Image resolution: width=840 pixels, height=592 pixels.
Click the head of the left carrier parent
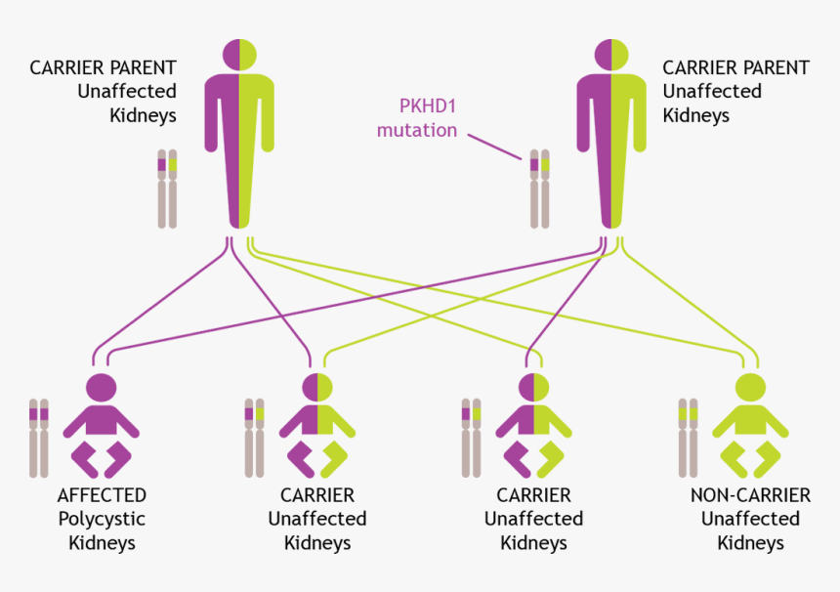tap(239, 53)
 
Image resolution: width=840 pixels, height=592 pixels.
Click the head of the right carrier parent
tap(611, 53)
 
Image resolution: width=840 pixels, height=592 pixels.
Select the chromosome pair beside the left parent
tap(168, 189)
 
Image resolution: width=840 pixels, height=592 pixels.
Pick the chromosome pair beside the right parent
tap(539, 189)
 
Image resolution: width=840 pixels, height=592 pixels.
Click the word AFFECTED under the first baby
tap(103, 495)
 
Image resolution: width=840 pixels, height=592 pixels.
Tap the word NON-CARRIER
tap(750, 495)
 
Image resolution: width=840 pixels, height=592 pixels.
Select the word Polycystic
tap(103, 519)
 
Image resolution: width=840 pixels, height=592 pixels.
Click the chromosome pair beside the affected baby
tap(39, 438)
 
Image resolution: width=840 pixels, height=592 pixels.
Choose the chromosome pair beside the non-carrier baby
tap(689, 438)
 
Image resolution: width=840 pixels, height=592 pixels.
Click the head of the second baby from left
tap(317, 387)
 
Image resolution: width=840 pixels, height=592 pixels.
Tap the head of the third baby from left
tap(533, 387)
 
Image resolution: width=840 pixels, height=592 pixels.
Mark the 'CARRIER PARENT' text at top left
tap(104, 68)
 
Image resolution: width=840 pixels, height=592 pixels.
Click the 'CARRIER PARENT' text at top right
tap(735, 68)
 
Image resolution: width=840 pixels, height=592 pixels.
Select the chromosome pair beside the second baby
tap(254, 438)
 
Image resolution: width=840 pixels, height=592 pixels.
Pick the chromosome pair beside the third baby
tap(471, 438)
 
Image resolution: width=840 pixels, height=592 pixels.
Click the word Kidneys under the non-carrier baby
tap(750, 543)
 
